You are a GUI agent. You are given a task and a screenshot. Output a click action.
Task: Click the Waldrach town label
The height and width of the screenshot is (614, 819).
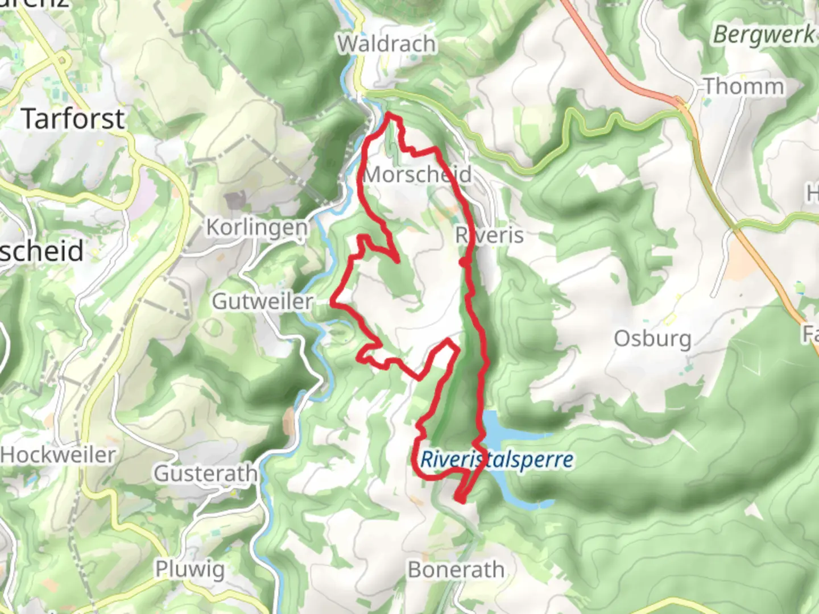[x=387, y=44]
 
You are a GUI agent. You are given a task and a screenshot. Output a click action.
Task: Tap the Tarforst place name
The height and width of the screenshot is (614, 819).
[x=73, y=119]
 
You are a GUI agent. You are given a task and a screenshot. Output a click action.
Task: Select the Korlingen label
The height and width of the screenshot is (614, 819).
[x=257, y=227]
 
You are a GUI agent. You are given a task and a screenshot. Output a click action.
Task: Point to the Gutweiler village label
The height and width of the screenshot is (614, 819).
[x=262, y=301]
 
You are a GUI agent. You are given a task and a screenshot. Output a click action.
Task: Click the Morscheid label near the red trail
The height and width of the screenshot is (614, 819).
[x=417, y=175]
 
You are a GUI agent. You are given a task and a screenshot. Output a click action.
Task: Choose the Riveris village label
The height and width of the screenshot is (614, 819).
[x=490, y=235]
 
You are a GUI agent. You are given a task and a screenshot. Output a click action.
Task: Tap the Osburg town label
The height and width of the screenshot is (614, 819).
[x=653, y=339]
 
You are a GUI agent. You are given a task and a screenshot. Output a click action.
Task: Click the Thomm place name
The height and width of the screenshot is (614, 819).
[x=744, y=87]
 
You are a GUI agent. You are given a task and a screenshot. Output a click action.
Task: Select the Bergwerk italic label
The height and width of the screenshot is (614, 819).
[x=763, y=35]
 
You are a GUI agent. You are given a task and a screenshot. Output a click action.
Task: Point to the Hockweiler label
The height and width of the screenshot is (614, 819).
[x=58, y=455]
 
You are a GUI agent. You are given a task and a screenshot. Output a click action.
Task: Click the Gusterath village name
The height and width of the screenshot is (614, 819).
[x=205, y=473]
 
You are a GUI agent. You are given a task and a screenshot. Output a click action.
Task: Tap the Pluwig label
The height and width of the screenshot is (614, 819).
[x=190, y=569]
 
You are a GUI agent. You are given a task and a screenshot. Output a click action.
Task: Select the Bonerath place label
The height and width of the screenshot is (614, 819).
[x=456, y=570]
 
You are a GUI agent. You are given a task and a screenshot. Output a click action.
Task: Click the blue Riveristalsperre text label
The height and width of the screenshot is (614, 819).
[x=497, y=460]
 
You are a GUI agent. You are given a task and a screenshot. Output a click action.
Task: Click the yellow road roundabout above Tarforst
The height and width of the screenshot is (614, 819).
[x=61, y=59]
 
